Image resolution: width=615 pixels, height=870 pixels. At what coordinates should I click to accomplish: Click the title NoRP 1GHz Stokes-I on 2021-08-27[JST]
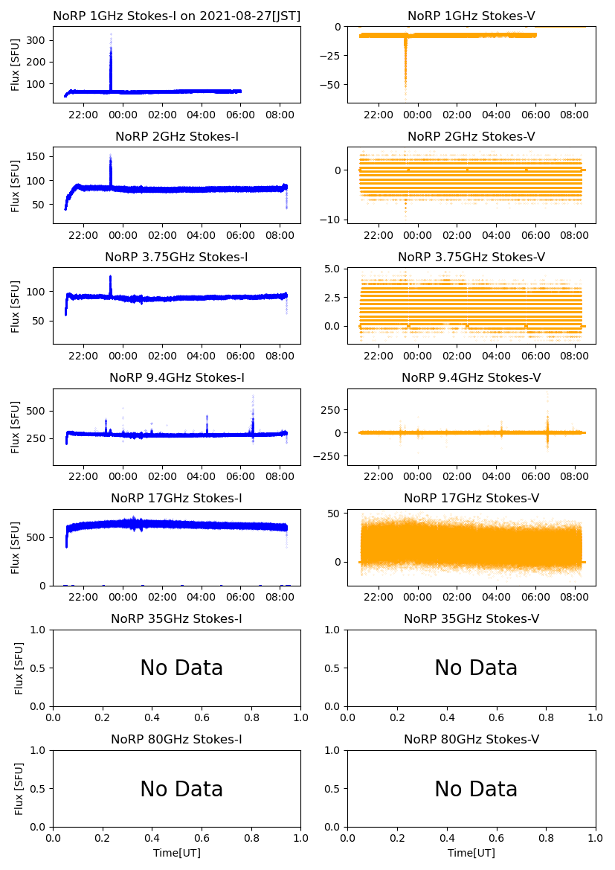coord(177,16)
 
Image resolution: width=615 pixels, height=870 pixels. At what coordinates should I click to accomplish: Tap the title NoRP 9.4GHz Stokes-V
coord(471,377)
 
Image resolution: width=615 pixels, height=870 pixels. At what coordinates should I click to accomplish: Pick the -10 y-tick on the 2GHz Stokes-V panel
coord(332,220)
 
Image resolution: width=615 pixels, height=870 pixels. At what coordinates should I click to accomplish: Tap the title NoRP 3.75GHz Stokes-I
coord(177,257)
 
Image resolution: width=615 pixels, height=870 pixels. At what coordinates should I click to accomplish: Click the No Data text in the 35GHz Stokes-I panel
coord(181,668)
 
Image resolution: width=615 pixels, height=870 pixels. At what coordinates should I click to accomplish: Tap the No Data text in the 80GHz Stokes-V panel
coord(476,789)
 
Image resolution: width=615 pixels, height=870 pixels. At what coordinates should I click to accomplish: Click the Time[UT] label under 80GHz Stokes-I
coord(177,853)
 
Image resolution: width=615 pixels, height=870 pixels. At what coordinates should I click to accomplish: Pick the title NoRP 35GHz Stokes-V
coord(471,618)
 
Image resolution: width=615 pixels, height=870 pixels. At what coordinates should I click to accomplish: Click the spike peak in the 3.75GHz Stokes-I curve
coord(111,277)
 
